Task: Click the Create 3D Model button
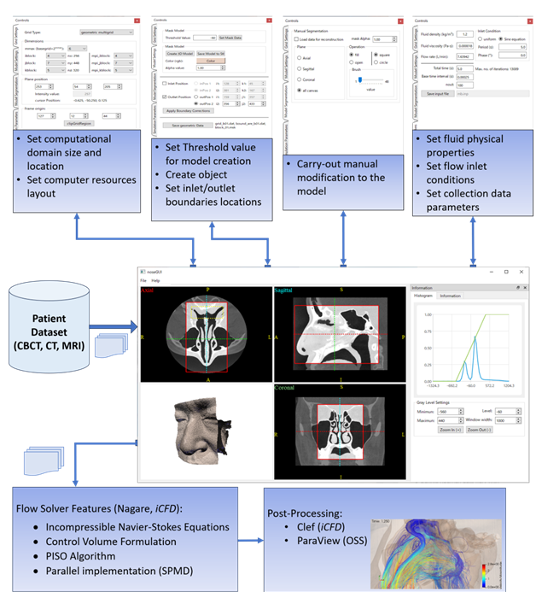pyautogui.click(x=178, y=52)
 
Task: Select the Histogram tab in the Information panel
pyautogui.click(x=423, y=296)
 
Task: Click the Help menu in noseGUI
pyautogui.click(x=156, y=280)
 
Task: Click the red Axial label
pyautogui.click(x=149, y=290)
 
